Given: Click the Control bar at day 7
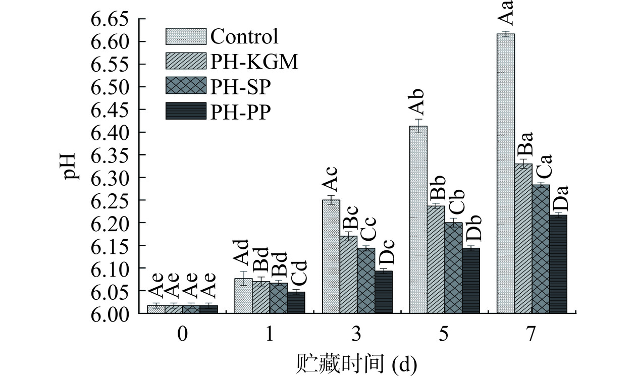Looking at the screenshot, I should [506, 174].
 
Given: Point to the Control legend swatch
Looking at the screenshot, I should [186, 36].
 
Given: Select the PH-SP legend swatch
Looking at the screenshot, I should [186, 86].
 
